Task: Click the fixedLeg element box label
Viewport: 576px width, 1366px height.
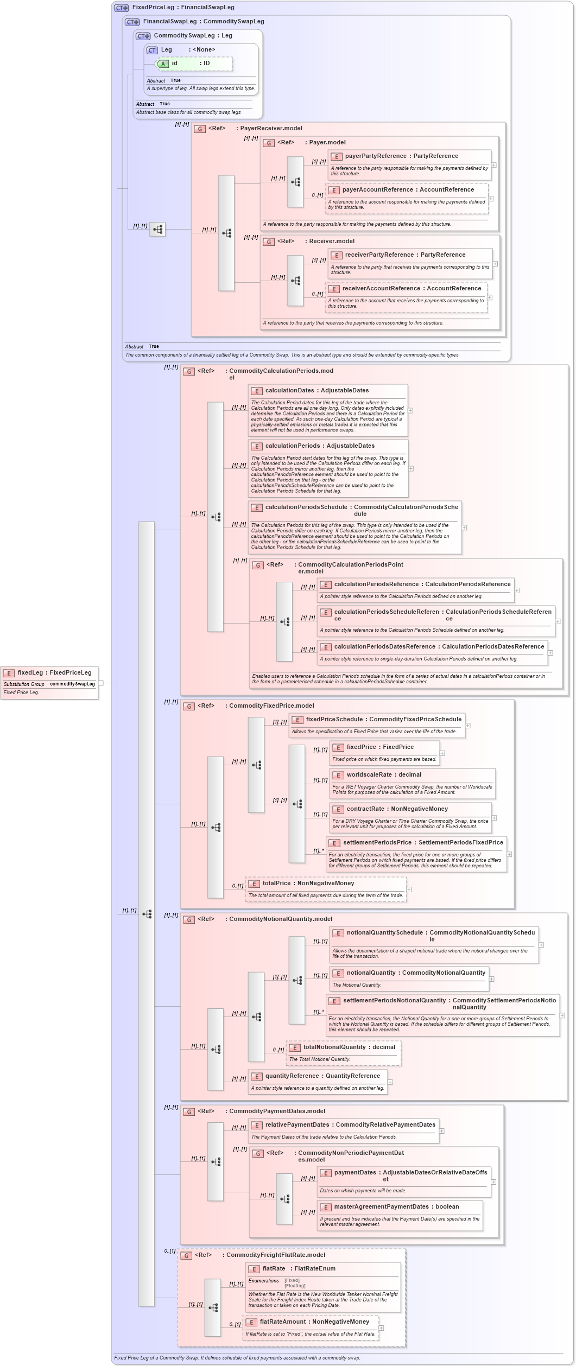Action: pos(30,672)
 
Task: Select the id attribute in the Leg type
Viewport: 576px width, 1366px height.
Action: pos(174,63)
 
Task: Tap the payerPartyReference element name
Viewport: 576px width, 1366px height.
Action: pos(375,156)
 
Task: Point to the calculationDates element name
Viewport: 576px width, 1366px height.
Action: pos(289,391)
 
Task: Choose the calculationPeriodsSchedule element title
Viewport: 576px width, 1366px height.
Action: pos(306,507)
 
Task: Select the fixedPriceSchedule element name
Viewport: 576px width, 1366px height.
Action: pos(334,720)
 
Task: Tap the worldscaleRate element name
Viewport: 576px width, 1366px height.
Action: pos(369,775)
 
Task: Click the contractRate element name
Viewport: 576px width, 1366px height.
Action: pos(366,809)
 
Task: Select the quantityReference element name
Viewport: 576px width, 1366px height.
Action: pos(292,1076)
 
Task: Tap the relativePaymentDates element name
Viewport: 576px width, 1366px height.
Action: pos(297,1125)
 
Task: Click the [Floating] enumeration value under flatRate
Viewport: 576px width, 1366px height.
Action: pos(295,1286)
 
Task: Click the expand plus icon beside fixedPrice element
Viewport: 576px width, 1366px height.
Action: pos(442,753)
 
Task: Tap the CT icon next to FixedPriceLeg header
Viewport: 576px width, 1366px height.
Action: pos(121,8)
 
